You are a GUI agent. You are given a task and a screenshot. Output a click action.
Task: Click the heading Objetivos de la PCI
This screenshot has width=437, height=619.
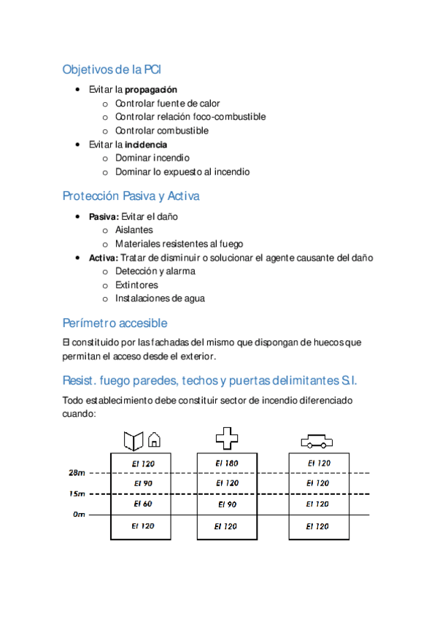click(x=112, y=70)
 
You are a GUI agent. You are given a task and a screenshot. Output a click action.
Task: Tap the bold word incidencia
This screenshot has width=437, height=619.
click(x=146, y=145)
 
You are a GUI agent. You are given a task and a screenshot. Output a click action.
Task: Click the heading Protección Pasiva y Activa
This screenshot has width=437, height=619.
click(x=131, y=196)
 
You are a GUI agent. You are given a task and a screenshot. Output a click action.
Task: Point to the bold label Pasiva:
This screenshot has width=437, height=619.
click(x=104, y=217)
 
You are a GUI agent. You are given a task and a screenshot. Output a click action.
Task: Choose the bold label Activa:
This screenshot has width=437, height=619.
click(x=103, y=258)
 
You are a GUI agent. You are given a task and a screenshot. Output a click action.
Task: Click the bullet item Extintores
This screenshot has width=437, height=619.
click(x=136, y=285)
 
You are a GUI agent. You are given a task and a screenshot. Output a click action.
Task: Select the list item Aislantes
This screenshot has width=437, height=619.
click(x=134, y=230)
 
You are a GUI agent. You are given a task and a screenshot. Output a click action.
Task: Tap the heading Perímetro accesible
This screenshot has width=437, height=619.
click(x=115, y=323)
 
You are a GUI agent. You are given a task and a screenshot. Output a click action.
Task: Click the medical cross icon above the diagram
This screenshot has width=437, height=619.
click(x=227, y=438)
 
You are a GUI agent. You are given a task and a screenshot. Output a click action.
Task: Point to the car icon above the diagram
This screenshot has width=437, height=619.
click(x=317, y=442)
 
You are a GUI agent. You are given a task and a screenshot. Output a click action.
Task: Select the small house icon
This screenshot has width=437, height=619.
click(x=154, y=440)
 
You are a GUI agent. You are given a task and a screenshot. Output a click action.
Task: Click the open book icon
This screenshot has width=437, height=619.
click(x=133, y=440)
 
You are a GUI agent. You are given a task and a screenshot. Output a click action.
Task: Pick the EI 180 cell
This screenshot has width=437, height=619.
click(x=227, y=463)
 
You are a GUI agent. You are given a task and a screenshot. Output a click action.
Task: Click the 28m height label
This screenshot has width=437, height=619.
click(x=77, y=473)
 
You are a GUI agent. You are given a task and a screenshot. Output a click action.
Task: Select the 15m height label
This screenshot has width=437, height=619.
click(x=77, y=494)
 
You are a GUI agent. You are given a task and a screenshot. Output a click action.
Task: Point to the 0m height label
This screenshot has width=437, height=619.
click(x=79, y=515)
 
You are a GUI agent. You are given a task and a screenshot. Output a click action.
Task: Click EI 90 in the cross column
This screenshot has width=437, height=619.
click(x=227, y=504)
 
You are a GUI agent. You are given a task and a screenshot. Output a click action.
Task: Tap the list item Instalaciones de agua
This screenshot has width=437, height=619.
click(x=160, y=298)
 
